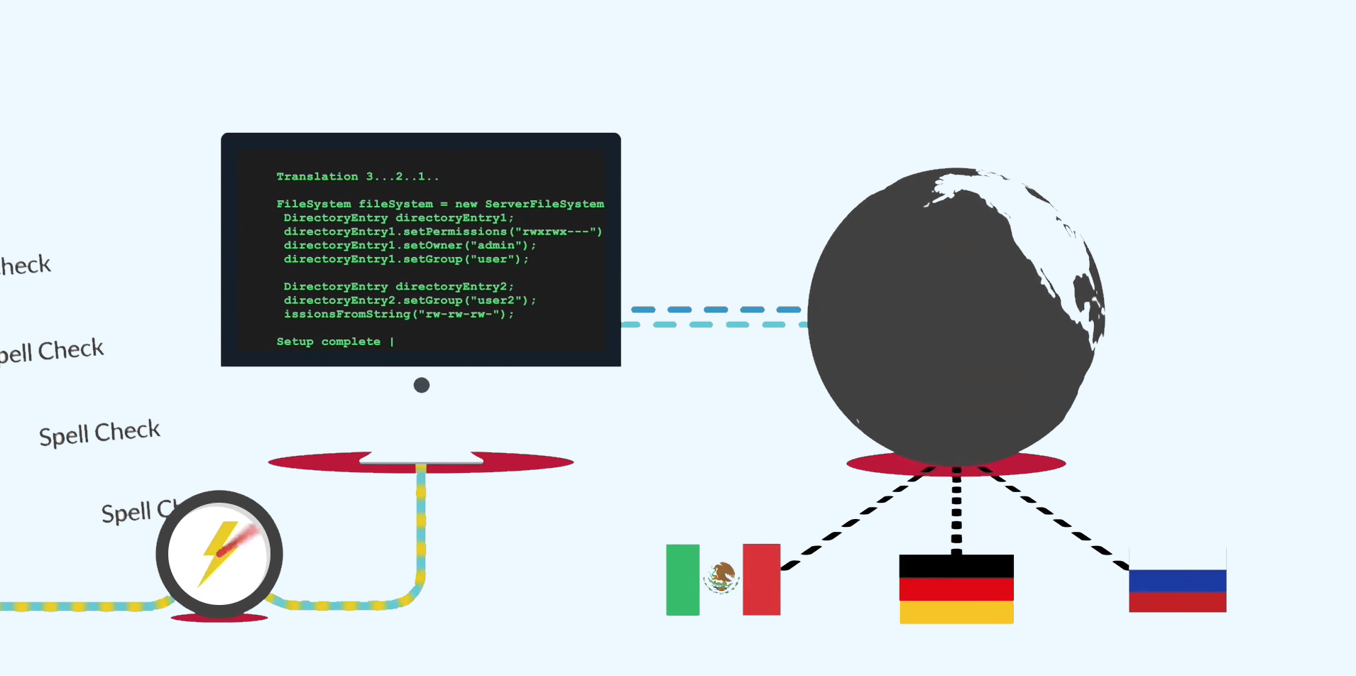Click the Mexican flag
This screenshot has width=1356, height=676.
pos(723,579)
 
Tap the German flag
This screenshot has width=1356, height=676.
pos(956,589)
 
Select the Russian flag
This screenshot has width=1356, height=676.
pos(1177,581)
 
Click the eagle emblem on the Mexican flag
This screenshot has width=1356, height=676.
pos(722,577)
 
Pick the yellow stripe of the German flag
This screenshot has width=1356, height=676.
pos(956,613)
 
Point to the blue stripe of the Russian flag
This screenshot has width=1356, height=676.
pos(1177,580)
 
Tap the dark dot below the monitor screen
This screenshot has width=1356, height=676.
pos(422,385)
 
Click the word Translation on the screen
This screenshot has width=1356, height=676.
pos(317,177)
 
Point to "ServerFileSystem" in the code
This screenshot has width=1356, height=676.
pos(545,205)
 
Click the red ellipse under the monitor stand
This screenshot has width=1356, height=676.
pos(312,463)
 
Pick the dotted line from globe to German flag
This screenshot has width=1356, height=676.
pos(956,511)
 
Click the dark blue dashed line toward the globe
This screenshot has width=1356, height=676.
pos(716,310)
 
